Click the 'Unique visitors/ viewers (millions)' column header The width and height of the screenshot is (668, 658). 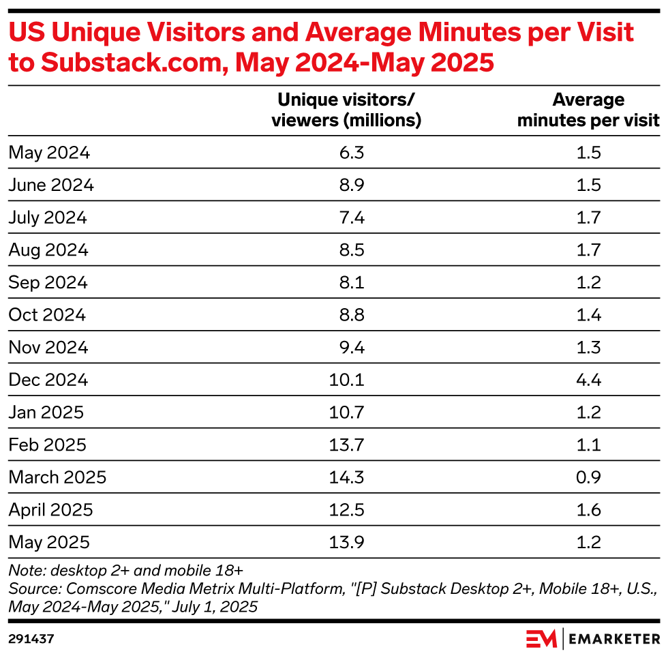tap(346, 110)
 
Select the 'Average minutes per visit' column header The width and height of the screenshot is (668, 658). tap(588, 110)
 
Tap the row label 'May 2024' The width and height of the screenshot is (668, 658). tap(49, 153)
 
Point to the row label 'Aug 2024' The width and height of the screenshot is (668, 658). tap(48, 250)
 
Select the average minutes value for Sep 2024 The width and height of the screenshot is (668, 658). tap(588, 282)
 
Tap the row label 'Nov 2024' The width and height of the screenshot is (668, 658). tap(48, 347)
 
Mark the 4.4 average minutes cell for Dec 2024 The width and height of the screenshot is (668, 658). tap(588, 380)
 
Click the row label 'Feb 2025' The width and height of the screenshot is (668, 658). tap(48, 445)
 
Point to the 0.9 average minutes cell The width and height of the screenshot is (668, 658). tap(588, 477)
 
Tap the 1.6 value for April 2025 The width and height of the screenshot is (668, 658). tap(588, 510)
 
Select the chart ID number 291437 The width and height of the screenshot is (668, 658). tap(31, 640)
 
